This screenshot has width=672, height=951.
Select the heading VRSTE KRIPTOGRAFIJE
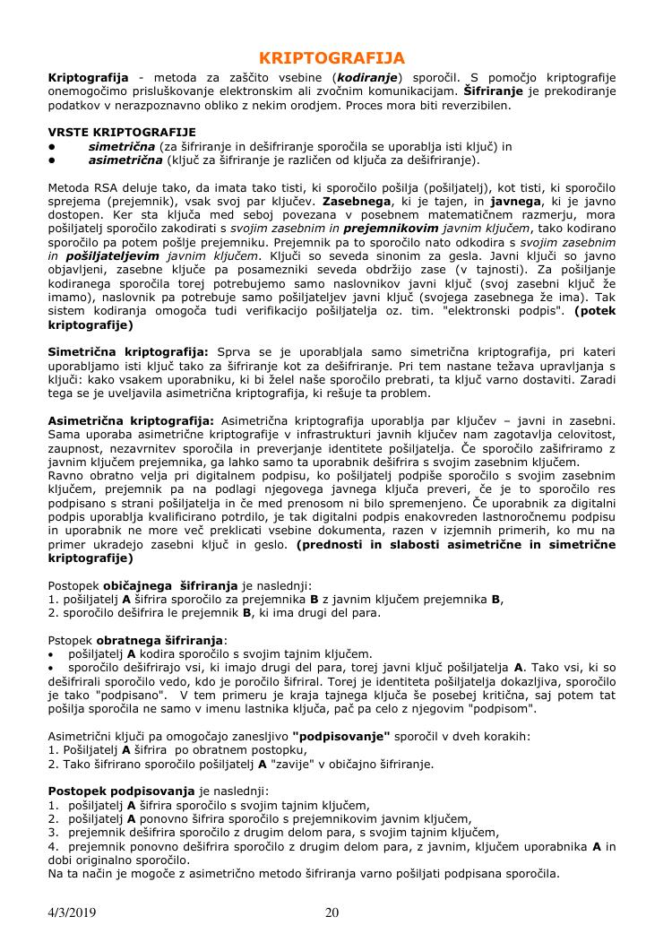(x=121, y=132)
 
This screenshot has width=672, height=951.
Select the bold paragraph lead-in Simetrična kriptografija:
(x=127, y=353)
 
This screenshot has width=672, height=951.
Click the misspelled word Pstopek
(x=69, y=641)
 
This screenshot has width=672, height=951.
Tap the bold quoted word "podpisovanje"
(x=341, y=737)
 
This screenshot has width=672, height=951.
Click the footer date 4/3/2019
(x=73, y=913)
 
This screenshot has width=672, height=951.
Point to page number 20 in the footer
(x=332, y=913)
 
